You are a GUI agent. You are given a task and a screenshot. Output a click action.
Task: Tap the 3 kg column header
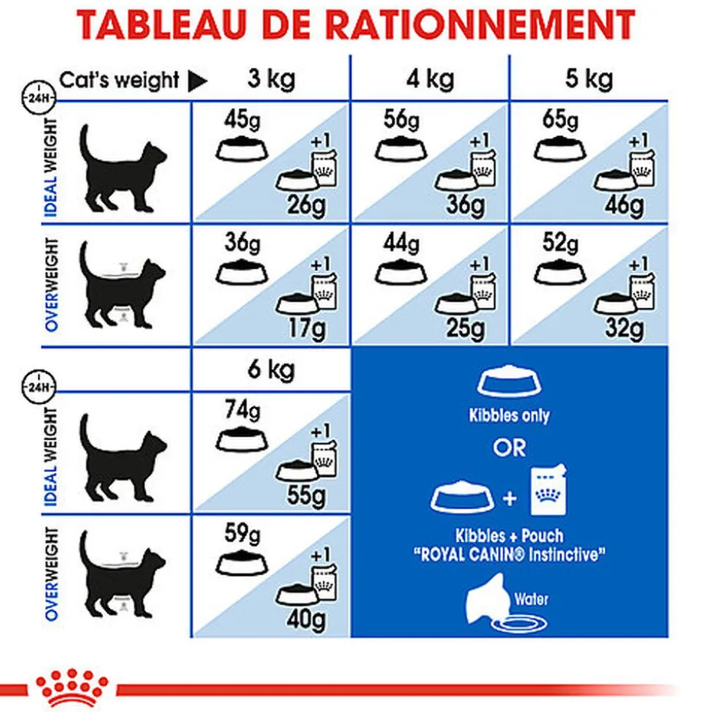click(270, 78)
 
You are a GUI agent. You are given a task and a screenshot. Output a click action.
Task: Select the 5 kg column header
click(588, 78)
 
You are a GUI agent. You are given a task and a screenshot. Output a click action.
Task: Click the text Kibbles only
click(509, 416)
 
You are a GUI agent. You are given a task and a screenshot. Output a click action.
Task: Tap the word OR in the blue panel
click(509, 447)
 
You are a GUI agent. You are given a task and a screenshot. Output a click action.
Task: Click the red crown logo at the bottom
click(67, 685)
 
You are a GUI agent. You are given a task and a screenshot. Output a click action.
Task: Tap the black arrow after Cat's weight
click(197, 81)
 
